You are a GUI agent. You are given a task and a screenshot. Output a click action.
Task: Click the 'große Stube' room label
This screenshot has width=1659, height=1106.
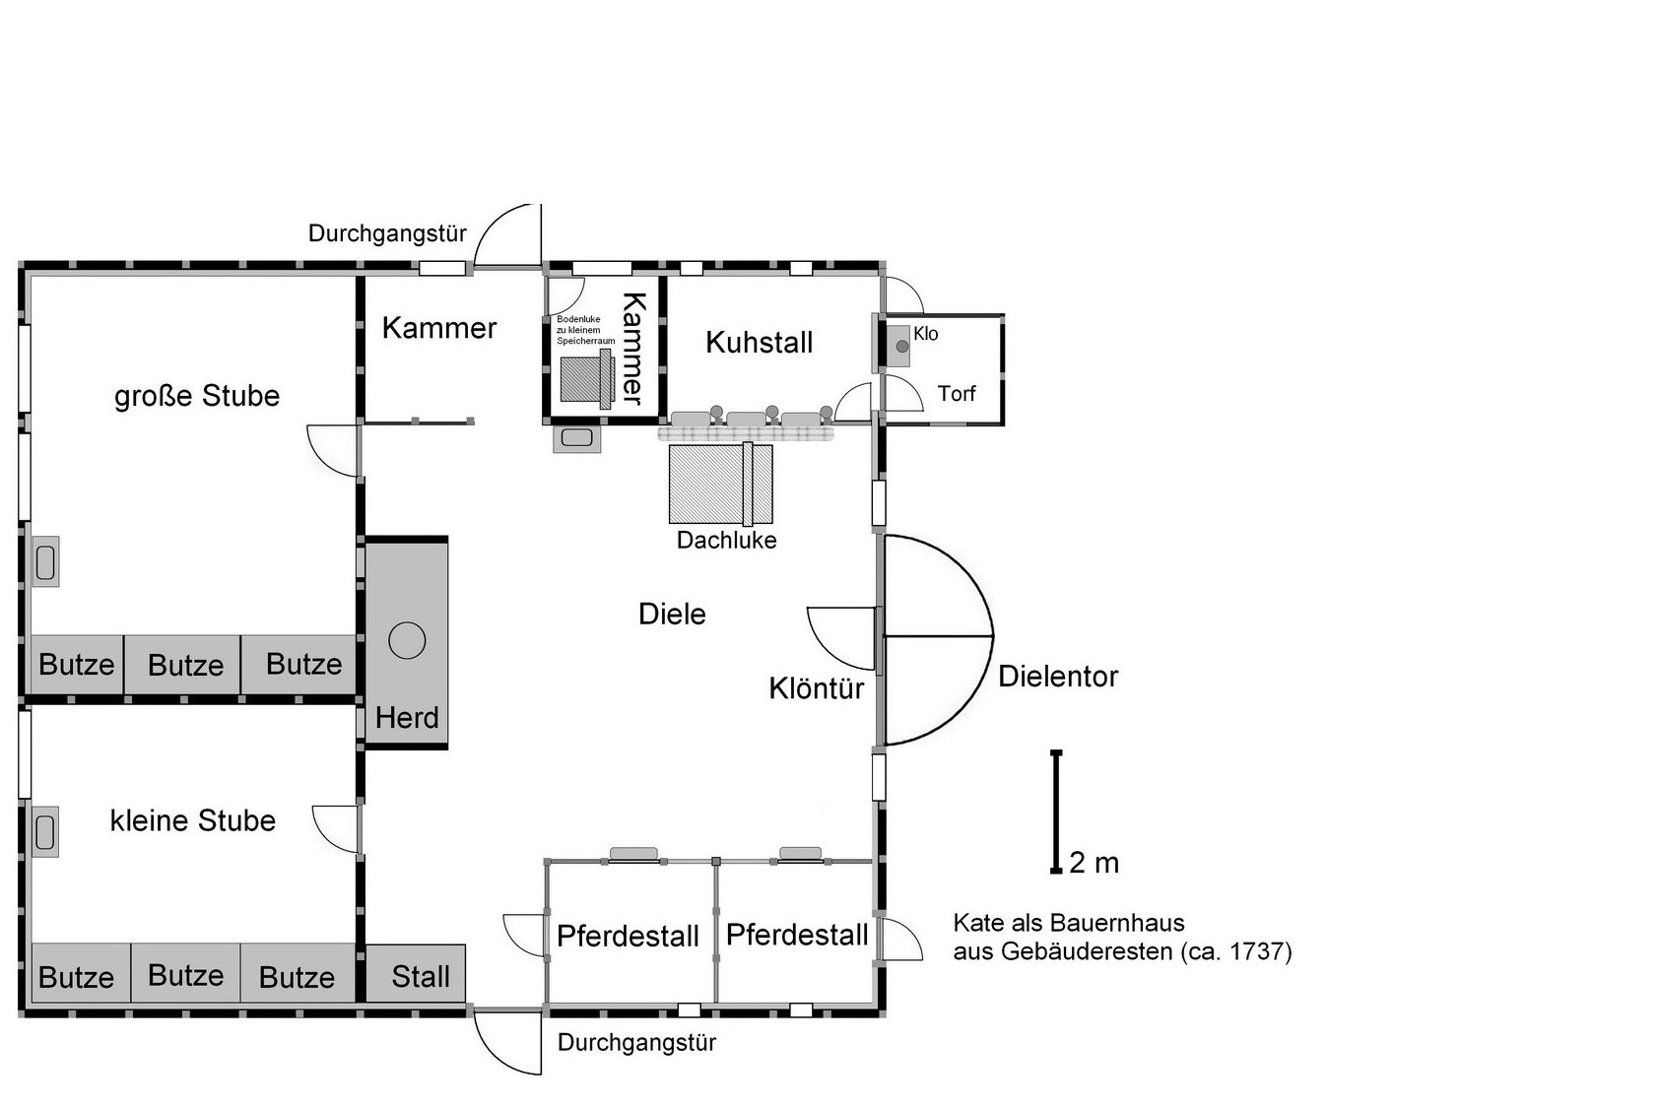point(197,396)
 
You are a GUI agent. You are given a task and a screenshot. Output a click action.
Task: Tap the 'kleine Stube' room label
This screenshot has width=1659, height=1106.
point(192,820)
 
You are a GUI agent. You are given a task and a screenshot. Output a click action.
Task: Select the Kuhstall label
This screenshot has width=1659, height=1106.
point(759,343)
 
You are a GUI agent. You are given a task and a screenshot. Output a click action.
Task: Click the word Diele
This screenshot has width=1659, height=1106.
point(672,615)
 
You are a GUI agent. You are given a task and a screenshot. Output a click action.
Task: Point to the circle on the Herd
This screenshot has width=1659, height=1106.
point(407,641)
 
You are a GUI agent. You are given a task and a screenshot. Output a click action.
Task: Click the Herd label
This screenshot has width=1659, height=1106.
point(407,718)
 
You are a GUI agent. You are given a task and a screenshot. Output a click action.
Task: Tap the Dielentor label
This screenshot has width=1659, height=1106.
point(1058,677)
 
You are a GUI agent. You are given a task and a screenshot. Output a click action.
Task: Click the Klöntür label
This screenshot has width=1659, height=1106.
point(816,688)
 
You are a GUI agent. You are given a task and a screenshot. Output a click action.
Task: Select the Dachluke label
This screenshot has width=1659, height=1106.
point(726,541)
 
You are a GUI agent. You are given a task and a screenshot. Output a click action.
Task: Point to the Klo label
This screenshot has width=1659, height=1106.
point(926,334)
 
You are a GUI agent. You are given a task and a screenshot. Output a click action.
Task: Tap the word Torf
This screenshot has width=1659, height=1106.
point(957,394)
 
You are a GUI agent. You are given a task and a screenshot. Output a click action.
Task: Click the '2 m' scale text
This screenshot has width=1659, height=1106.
point(1094,863)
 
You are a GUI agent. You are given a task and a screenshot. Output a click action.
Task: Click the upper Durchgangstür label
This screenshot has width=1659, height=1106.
point(387,233)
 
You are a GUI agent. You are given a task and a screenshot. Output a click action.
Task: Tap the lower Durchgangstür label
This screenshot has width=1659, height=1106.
point(636,1043)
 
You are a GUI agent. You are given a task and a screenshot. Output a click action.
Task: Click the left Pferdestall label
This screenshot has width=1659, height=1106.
point(628,936)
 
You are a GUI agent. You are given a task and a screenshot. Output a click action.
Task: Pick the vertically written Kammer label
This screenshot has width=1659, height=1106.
point(632,348)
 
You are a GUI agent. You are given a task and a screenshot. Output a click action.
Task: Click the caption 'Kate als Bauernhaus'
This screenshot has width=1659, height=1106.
point(1069,923)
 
